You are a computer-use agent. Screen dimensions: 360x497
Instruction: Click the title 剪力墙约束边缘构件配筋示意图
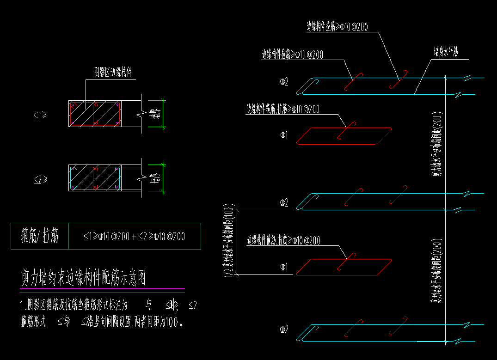tap(84, 278)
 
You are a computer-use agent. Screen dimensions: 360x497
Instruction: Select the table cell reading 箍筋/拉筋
tap(40, 237)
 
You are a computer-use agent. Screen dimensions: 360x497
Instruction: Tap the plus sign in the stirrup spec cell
tap(134, 237)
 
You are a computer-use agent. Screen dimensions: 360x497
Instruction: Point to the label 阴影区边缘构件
tap(113, 73)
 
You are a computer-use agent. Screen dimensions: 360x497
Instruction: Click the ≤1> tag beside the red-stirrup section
tap(40, 116)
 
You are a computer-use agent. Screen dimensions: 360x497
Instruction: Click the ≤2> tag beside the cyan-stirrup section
tap(40, 180)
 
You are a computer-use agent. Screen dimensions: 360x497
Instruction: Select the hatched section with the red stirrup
tap(95, 113)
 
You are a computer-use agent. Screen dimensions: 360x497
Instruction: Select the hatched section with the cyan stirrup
tap(95, 177)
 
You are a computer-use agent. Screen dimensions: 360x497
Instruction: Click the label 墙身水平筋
tap(445, 51)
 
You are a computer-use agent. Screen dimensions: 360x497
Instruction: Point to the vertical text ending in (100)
tap(229, 240)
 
